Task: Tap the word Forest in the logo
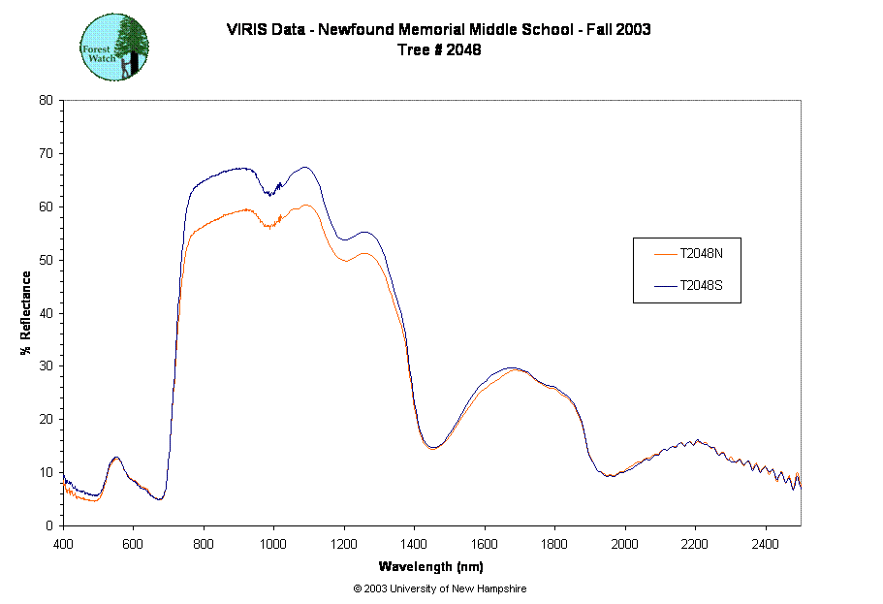click(x=98, y=45)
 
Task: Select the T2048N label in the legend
click(x=702, y=254)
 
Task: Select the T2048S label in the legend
click(x=702, y=286)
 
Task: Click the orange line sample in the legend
click(x=665, y=254)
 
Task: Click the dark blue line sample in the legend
click(x=665, y=286)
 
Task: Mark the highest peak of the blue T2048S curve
click(x=306, y=167)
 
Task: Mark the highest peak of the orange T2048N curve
click(x=306, y=205)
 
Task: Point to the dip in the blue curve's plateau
click(x=270, y=194)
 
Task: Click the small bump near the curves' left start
click(x=116, y=460)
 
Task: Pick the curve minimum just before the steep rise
click(x=160, y=499)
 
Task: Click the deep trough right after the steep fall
click(x=432, y=448)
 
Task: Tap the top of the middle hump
click(x=518, y=369)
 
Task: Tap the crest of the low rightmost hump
click(x=690, y=443)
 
